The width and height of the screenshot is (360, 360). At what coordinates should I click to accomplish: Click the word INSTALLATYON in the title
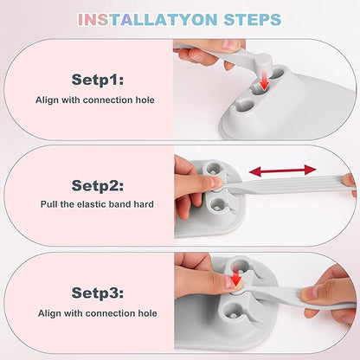(147, 20)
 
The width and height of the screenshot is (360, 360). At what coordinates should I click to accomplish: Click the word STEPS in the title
(253, 20)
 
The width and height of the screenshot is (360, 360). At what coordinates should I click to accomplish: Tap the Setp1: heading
(98, 80)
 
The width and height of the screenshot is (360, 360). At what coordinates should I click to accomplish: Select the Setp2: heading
(98, 185)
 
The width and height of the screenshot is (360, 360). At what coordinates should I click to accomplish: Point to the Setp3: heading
(98, 292)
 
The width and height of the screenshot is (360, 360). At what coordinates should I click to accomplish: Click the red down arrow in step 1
(264, 81)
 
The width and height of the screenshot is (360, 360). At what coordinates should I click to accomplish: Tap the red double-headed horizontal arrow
(283, 170)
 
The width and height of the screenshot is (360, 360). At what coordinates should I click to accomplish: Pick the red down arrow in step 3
(236, 277)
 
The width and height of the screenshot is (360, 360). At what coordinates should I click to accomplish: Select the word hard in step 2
(144, 204)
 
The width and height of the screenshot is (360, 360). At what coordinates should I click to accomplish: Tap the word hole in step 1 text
(145, 100)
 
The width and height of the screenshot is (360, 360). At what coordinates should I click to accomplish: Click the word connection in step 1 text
(108, 100)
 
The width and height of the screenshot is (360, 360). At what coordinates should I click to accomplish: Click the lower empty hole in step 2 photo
(217, 205)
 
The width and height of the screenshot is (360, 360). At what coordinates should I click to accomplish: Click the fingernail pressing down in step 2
(216, 182)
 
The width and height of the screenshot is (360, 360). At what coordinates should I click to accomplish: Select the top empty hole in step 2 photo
(214, 168)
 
